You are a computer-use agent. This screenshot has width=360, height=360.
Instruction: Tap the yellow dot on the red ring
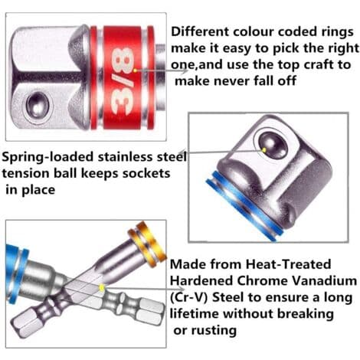tap(136, 70)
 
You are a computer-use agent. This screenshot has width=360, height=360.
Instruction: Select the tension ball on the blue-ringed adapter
tap(273, 145)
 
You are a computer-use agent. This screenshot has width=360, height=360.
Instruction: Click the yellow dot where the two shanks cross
tap(102, 288)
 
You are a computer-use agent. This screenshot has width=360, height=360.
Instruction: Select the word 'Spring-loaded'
tap(47, 158)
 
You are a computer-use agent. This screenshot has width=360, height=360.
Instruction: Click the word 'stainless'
tap(125, 157)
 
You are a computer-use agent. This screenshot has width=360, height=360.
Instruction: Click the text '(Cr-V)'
tap(188, 297)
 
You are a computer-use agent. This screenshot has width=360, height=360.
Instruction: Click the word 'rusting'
tap(214, 331)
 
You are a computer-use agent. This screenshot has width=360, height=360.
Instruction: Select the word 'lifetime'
tap(195, 313)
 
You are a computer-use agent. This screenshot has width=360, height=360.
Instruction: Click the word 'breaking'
tap(306, 314)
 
